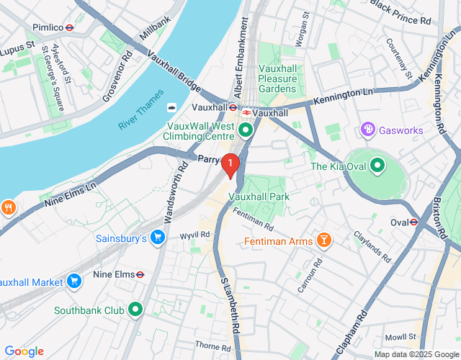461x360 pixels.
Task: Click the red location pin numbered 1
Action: [230, 165]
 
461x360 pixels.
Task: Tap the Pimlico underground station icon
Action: [69, 27]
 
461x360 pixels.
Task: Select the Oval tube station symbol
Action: [413, 222]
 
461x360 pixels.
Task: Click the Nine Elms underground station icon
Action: [140, 274]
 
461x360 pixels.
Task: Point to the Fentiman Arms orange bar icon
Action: [323, 240]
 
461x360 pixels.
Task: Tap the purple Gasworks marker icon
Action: [367, 130]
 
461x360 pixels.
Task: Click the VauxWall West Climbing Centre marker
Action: [246, 130]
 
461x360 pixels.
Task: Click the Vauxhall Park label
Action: [259, 196]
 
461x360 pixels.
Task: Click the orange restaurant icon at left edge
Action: [8, 208]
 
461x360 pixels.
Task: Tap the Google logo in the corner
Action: [24, 351]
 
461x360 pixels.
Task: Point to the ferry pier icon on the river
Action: [172, 108]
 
